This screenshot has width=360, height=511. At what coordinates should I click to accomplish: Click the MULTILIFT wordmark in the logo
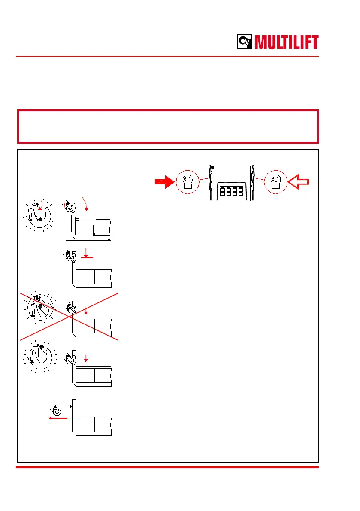[287, 42]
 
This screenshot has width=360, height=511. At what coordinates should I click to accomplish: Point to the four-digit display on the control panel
[231, 191]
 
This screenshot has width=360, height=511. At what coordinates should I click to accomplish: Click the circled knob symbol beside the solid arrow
[188, 182]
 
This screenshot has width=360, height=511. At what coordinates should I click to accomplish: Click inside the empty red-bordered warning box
[167, 127]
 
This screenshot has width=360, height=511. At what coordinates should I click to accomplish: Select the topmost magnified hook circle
[39, 215]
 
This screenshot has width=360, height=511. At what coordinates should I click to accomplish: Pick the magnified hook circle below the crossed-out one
[39, 356]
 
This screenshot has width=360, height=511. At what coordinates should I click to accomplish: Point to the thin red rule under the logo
[167, 56]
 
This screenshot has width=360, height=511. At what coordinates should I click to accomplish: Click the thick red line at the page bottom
[167, 467]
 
